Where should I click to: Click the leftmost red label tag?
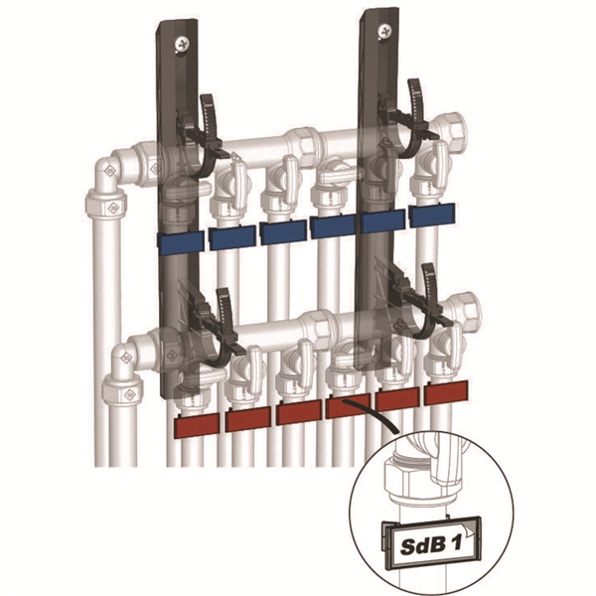(198, 427)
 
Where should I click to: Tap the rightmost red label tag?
(446, 394)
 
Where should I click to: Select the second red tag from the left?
(247, 420)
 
